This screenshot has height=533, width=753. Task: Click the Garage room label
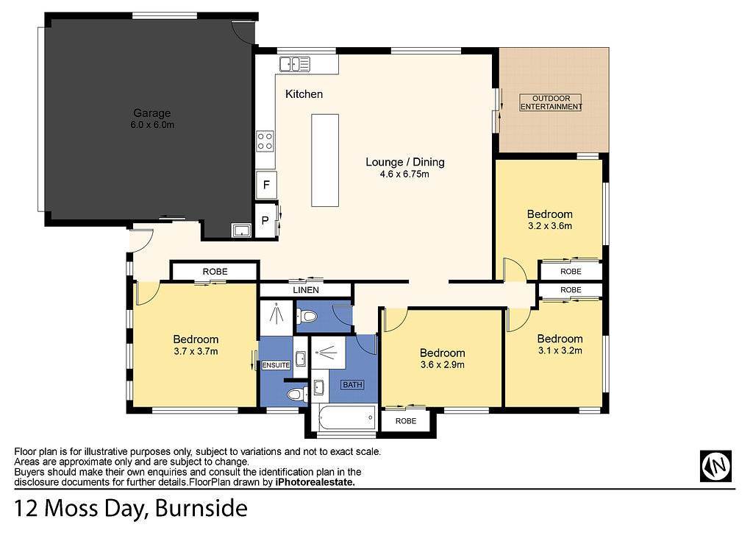tap(151, 113)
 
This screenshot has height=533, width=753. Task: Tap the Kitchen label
tap(304, 93)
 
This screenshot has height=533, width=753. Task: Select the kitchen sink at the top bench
tap(295, 64)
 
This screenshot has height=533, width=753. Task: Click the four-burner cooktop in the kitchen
tap(265, 141)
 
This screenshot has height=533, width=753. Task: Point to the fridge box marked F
tap(266, 184)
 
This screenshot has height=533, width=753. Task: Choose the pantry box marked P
tap(265, 221)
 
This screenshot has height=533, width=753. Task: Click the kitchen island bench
tap(325, 160)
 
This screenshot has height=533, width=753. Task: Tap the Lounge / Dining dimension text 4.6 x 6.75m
tap(404, 174)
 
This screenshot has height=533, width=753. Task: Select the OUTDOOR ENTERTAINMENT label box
tap(551, 102)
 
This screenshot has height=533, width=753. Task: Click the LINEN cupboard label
tap(306, 290)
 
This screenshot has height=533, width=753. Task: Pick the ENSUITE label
tap(276, 365)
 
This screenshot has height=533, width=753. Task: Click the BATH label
tap(352, 384)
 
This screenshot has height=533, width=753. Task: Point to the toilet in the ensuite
tap(299, 395)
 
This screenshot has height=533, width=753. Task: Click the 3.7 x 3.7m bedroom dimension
tap(196, 351)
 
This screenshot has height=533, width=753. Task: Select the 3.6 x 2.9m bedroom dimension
tap(442, 365)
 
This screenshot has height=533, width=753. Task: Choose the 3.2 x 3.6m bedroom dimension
tap(550, 226)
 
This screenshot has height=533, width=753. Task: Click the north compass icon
tap(715, 466)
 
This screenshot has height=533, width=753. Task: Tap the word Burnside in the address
tap(201, 509)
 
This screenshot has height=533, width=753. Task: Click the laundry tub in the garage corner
tap(241, 230)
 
